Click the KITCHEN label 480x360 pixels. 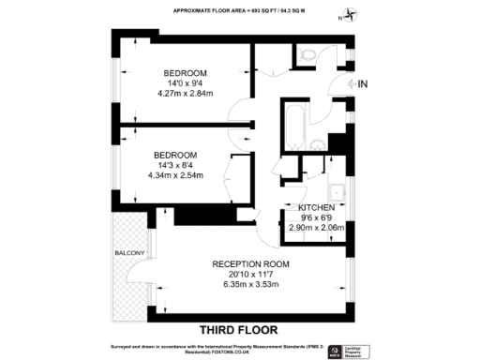pyautogui.click(x=317, y=206)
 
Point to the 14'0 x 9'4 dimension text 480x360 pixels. pyautogui.click(x=185, y=82)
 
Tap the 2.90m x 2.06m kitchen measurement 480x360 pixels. pyautogui.click(x=317, y=228)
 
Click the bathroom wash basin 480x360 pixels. pyautogui.click(x=318, y=143)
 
